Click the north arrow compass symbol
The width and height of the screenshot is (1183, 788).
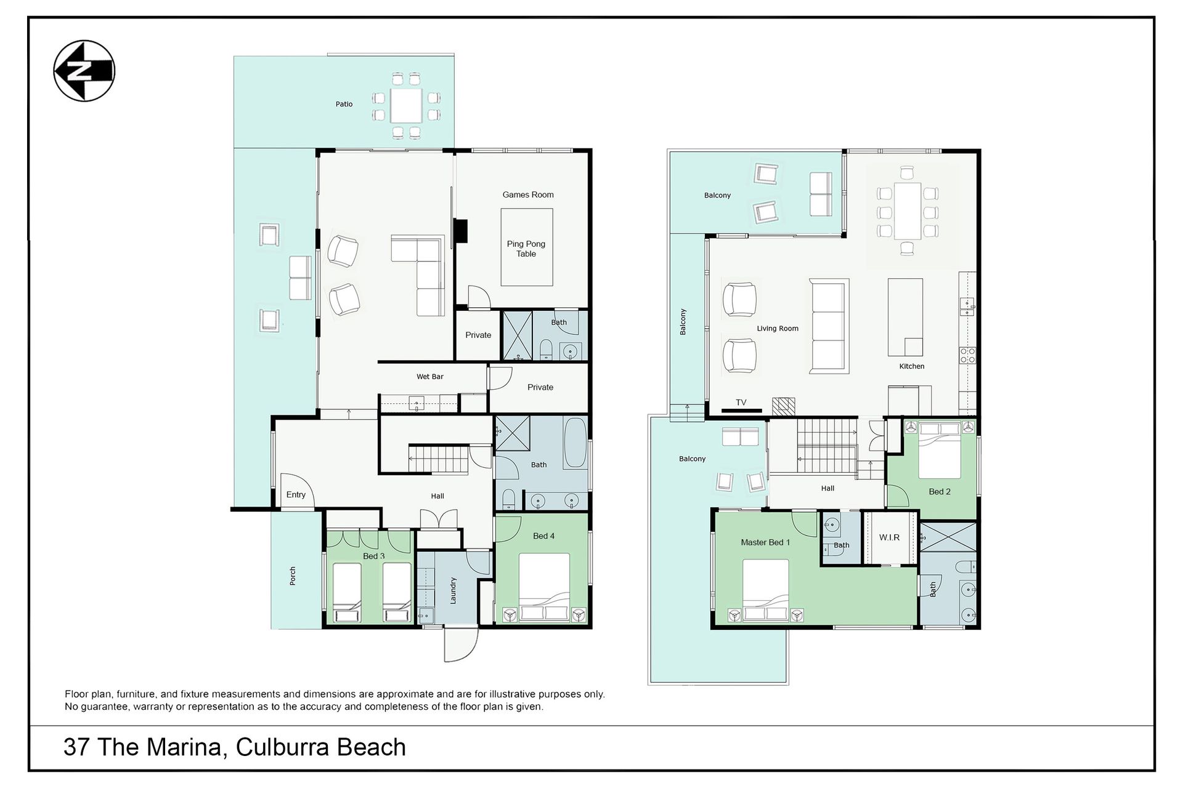point(84,71)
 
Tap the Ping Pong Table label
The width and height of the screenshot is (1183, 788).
point(526,249)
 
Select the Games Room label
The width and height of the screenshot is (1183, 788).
point(528,195)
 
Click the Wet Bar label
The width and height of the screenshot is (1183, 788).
point(430,376)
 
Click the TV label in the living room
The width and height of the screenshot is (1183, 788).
point(741,402)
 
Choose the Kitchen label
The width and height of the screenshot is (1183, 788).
point(912,366)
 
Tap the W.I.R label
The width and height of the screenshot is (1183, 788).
point(890,537)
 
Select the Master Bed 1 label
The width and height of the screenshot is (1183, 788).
point(765,542)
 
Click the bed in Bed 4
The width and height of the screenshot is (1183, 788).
point(544,588)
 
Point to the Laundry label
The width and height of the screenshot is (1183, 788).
point(453,590)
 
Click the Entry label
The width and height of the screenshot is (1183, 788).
point(296,494)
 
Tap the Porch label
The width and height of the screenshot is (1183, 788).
point(293,576)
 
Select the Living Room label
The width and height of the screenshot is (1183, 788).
point(778,328)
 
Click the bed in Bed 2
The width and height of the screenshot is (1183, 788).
point(940,450)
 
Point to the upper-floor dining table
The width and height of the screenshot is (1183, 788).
point(907,211)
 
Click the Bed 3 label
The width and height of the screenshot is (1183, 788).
point(374,556)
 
